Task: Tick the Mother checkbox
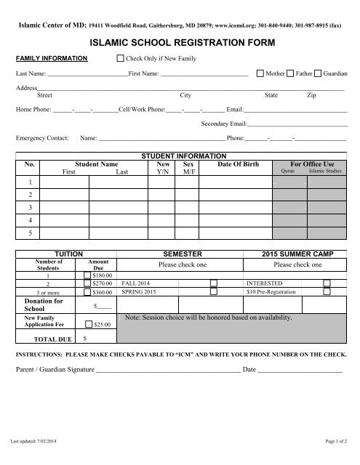point(260,74)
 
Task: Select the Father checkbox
point(290,74)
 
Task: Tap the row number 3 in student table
point(30,207)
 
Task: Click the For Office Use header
point(311,165)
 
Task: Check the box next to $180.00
point(88,275)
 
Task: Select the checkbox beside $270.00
point(88,283)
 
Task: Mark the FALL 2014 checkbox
point(214,283)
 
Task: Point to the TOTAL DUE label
point(41,339)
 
